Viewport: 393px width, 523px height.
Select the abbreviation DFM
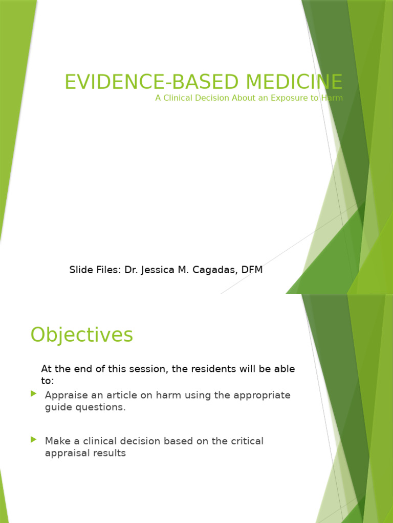coord(251,270)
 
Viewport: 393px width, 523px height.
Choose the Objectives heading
coord(82,335)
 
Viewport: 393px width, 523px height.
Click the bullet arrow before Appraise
coord(34,394)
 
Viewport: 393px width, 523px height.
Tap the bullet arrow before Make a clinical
coord(34,439)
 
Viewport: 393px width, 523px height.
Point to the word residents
coord(209,369)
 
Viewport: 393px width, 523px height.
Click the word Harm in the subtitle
coord(332,98)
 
